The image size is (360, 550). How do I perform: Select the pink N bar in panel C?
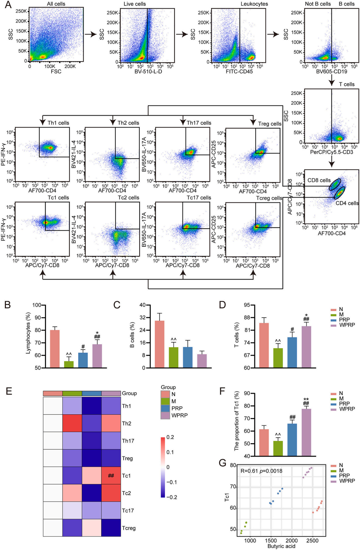coord(159,344)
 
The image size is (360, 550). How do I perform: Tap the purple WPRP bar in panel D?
coord(306,347)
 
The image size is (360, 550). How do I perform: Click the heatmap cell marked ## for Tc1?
coord(111,476)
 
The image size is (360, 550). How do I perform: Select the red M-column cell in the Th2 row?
coord(72,423)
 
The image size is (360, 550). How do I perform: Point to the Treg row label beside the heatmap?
coord(127,459)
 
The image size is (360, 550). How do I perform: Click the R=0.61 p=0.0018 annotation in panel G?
coord(261,471)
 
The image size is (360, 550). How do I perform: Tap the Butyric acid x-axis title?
coord(281,546)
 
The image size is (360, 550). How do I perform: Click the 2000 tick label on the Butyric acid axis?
coord(292,541)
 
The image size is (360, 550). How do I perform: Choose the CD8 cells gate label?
coord(319,180)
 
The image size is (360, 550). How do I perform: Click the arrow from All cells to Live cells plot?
coord(91,34)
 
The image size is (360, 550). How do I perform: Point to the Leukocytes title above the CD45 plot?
coord(254,4)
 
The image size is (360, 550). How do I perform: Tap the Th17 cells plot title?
coord(199,123)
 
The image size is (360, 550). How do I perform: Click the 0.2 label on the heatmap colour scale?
coord(170,437)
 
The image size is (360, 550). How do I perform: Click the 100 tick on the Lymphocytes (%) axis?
coord(37,305)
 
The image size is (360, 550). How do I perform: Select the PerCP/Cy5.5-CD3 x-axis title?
coord(331,152)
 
